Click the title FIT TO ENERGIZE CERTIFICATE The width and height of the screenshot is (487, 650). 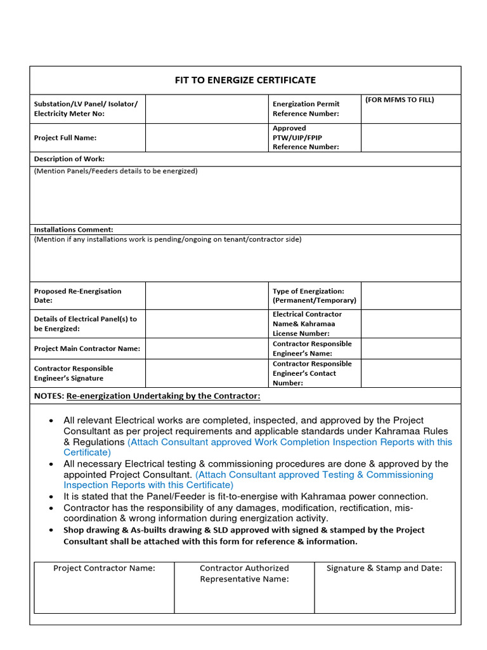coord(245,80)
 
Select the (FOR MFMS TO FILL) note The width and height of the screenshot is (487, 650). coord(399,100)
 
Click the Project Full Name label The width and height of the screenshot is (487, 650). coord(65,137)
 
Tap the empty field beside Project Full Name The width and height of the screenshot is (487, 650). coord(207,137)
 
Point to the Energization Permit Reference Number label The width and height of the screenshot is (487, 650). coord(306,109)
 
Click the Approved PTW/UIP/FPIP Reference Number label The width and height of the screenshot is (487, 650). coord(306,137)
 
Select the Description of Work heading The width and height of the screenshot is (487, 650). coord(69,159)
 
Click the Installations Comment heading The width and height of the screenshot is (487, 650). coord(74,229)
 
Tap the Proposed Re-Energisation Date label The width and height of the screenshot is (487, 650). coord(77,296)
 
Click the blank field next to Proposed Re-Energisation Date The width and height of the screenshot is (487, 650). coord(207,296)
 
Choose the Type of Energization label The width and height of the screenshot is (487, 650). coord(315,296)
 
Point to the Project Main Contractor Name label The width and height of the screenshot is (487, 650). coord(87,348)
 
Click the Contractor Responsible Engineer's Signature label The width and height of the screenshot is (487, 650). coord(74,373)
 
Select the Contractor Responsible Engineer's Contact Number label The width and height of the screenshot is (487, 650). coord(312,373)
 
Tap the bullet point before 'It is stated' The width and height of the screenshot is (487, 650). coord(51,497)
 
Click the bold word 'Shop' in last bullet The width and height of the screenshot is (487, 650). coord(74,530)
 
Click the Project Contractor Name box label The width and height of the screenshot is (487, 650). coord(104,568)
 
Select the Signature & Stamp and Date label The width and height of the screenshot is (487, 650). coord(384,568)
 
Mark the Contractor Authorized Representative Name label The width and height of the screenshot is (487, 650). coord(244,573)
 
